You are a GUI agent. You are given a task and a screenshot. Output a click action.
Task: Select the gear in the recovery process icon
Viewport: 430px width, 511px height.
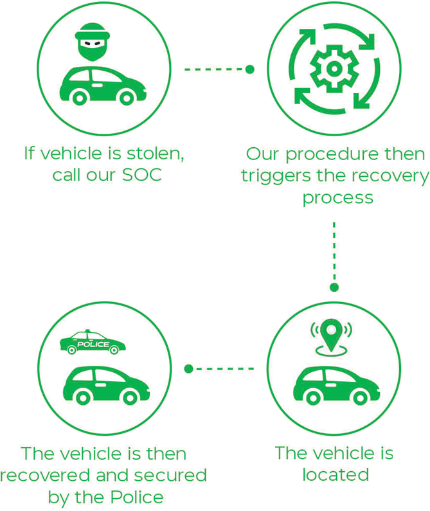click(332, 67)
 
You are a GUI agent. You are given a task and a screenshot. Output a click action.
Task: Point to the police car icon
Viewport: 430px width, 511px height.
click(93, 343)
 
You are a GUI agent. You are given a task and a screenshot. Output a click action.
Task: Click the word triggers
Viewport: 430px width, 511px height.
click(278, 175)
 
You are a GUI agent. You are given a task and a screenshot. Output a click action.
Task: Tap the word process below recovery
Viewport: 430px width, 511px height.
click(337, 197)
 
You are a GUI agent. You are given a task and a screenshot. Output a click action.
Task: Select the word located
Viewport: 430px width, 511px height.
click(334, 475)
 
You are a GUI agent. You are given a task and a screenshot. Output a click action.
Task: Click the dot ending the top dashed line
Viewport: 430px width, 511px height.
click(250, 69)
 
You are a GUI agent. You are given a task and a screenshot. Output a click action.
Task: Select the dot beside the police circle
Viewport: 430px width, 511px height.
click(189, 369)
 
